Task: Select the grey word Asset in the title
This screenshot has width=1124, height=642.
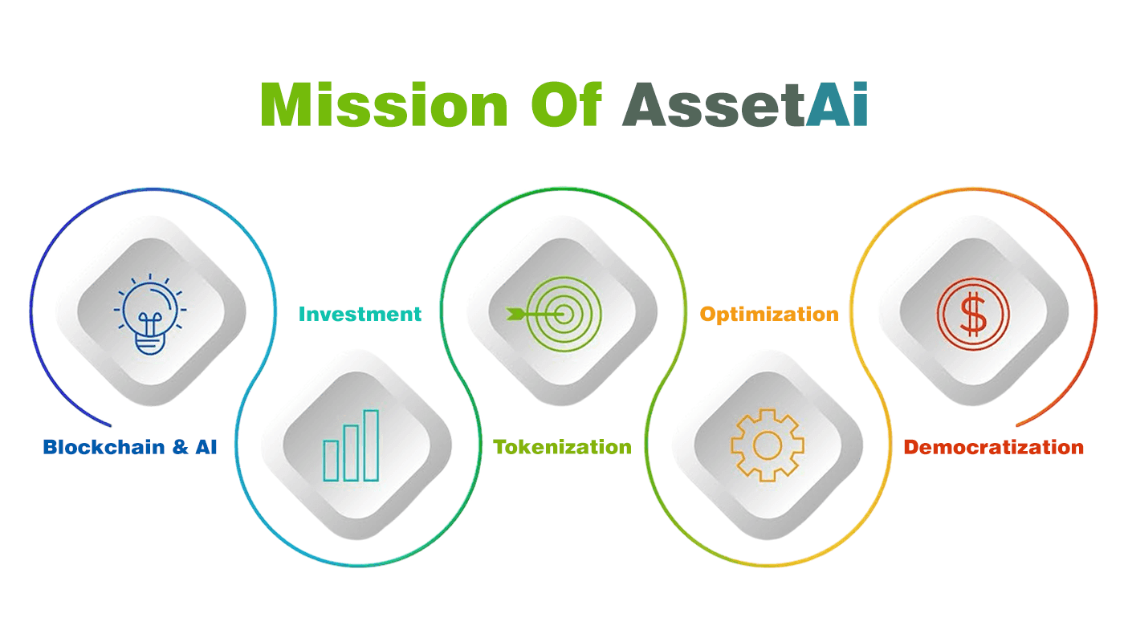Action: [x=714, y=105]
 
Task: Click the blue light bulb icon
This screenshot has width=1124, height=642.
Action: [x=150, y=315]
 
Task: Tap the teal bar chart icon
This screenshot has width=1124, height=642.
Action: [x=351, y=446]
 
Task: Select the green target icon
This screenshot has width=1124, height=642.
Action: [x=554, y=315]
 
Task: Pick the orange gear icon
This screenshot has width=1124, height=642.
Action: [x=768, y=445]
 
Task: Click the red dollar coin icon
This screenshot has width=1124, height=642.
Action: [x=973, y=315]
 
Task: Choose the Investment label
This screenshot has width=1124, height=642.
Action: [x=360, y=315]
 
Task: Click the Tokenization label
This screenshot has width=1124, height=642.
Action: [x=562, y=447]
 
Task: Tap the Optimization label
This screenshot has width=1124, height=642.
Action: [x=769, y=315]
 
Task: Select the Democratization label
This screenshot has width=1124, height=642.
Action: [x=994, y=447]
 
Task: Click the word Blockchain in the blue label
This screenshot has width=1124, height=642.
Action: [x=104, y=447]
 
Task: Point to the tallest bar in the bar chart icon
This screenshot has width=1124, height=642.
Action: [x=371, y=445]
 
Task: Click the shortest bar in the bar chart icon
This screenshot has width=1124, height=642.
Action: [x=331, y=461]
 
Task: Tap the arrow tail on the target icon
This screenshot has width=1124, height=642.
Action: [x=515, y=315]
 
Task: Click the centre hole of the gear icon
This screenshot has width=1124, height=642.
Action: [x=768, y=445]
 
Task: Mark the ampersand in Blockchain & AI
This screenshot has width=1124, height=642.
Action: [x=180, y=447]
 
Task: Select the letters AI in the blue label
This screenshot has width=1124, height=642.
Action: [x=206, y=447]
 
